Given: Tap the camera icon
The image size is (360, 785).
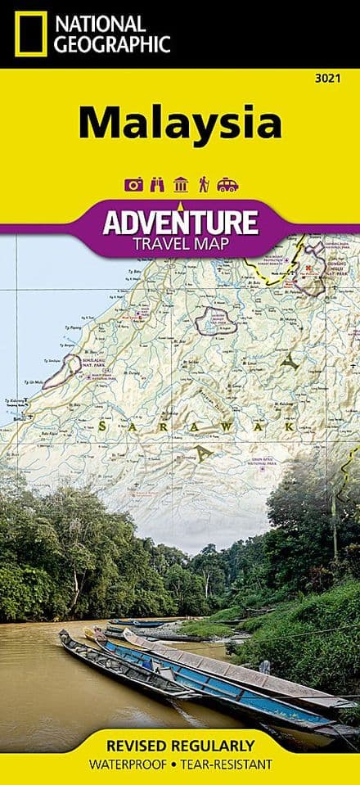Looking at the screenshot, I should pos(133,184).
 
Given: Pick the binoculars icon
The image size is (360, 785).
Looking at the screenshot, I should pos(157,184).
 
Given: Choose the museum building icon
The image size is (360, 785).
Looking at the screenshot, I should pos(181,184).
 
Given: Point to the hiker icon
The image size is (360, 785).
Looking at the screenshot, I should pos(203,184).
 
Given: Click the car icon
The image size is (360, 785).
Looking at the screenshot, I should pos(227,185).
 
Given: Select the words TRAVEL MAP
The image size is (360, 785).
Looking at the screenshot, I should pos(179,243).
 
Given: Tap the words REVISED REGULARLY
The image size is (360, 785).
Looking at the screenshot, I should pos(179,747).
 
